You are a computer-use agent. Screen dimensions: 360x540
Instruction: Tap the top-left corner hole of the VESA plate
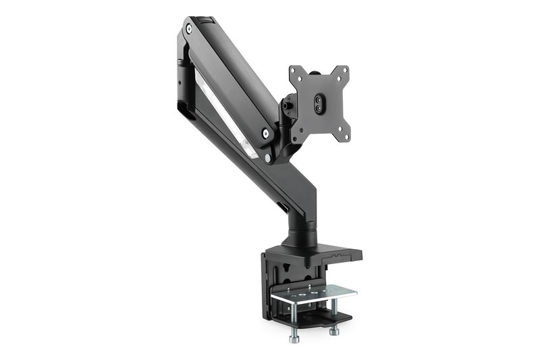tap(294, 70)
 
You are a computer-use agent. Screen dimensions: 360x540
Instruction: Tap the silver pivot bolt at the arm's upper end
tap(189, 29)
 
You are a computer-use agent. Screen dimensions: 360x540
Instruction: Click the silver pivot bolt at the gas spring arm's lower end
tap(269, 157)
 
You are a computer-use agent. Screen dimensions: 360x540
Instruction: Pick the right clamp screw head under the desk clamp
tap(334, 332)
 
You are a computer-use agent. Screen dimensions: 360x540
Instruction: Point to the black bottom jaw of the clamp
tap(324, 318)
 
